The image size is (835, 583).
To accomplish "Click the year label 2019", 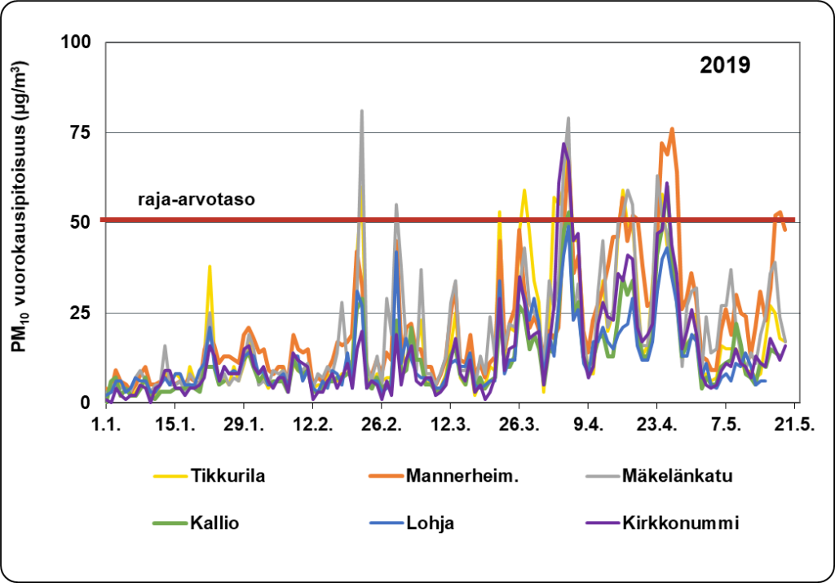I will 725,65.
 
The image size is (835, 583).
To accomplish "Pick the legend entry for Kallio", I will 210,524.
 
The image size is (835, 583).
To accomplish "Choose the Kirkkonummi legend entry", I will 679,524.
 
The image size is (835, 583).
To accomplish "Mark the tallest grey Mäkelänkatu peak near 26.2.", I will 361,111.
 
